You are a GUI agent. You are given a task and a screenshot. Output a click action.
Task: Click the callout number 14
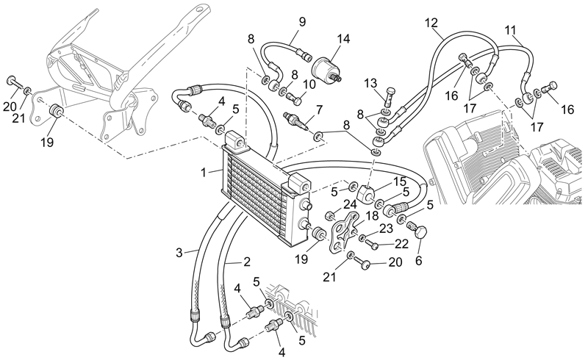point(343,39)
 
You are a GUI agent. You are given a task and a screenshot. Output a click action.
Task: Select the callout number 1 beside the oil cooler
point(204,173)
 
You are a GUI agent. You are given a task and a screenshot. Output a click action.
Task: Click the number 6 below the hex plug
point(418,260)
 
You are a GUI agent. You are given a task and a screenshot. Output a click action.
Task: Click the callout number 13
point(370,83)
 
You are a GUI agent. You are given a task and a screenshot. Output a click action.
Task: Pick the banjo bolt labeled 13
point(390,97)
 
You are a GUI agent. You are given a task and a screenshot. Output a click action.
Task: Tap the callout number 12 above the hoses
point(431,23)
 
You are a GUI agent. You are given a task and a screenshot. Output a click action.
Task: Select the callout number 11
point(510,29)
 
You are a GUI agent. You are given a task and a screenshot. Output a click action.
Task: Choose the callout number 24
point(350,204)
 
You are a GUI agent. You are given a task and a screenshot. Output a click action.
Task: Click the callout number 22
point(401,244)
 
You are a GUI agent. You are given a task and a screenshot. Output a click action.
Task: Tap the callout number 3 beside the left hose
point(179,253)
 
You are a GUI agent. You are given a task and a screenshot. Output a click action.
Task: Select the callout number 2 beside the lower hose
point(246,262)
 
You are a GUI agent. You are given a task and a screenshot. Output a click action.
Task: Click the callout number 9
point(302,21)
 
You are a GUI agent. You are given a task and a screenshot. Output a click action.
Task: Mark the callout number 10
point(309,84)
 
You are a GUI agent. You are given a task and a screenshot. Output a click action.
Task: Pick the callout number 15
point(400,182)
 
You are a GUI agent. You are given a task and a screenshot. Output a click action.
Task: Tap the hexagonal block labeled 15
point(366,193)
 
